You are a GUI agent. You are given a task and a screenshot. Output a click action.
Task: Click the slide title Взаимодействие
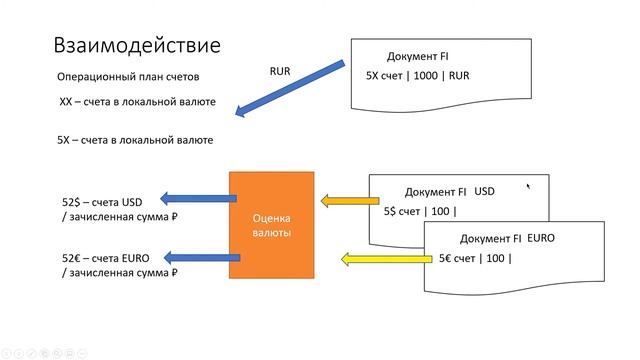click(x=136, y=45)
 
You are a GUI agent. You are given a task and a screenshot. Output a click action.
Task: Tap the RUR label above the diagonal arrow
click(x=281, y=71)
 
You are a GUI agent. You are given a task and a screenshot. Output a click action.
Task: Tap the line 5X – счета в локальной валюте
click(x=134, y=140)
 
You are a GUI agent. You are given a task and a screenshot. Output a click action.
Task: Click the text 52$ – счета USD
click(x=105, y=201)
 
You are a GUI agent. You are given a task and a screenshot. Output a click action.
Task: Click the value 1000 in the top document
click(x=427, y=75)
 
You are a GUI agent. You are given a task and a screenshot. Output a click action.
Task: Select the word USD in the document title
click(x=485, y=190)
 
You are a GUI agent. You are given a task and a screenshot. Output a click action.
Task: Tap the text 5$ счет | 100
click(x=419, y=210)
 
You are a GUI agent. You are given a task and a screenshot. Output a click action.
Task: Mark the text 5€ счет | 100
click(x=474, y=258)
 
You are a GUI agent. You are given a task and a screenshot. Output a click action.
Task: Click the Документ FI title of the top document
click(x=417, y=56)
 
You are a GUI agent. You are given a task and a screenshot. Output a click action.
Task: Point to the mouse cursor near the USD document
click(x=528, y=185)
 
